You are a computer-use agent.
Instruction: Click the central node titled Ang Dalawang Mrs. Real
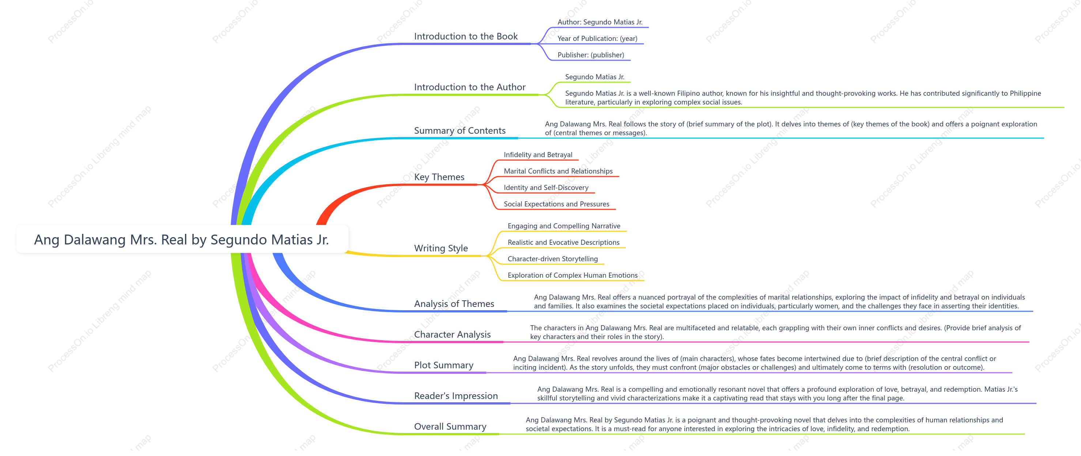tap(182, 240)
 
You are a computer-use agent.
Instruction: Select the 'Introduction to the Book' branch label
tap(466, 37)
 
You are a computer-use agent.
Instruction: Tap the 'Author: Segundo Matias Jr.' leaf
tap(600, 22)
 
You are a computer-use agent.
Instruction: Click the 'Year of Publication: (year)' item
tap(597, 39)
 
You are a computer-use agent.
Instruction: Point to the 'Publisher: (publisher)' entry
tap(590, 55)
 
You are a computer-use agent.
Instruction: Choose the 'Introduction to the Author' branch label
tap(470, 87)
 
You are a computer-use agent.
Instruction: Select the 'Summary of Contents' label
tap(460, 130)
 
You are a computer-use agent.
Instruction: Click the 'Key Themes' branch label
tap(439, 177)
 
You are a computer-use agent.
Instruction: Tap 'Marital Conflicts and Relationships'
tap(558, 171)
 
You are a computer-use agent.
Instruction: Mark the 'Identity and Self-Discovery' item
tap(546, 187)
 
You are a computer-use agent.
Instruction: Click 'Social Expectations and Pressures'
tap(556, 204)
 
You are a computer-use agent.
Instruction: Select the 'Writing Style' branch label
tap(441, 248)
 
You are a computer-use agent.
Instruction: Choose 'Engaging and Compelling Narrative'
tap(564, 226)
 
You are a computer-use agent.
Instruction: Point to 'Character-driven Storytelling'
tap(552, 259)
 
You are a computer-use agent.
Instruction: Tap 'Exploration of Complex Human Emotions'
tap(572, 275)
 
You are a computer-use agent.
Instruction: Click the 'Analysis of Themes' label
tap(454, 304)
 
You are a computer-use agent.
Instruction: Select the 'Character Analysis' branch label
tap(452, 334)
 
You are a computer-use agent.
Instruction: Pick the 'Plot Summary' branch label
tap(443, 365)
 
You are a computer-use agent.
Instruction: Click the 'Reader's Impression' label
tap(456, 396)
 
